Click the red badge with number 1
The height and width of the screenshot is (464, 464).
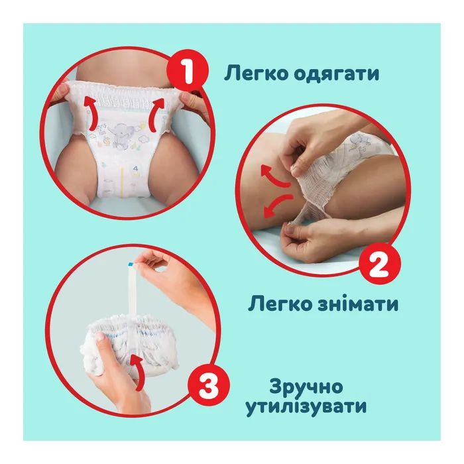[x=188, y=72]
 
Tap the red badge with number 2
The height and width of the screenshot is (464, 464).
[x=380, y=263]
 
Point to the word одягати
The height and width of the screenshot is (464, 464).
[x=337, y=74]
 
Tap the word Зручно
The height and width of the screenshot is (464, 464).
[x=306, y=387]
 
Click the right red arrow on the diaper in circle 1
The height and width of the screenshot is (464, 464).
[x=157, y=115]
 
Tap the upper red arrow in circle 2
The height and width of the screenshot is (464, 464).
[x=275, y=176]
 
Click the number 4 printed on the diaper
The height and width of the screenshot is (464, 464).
[x=136, y=169]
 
